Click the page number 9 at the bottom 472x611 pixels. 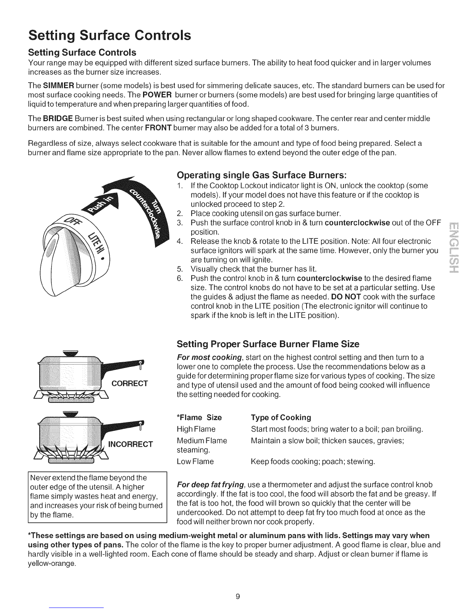[238, 597]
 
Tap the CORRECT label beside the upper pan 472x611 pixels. [130, 383]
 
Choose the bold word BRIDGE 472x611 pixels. [58, 118]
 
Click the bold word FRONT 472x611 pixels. [158, 128]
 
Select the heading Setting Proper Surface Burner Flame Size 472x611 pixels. [268, 344]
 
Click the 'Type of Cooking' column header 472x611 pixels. [281, 417]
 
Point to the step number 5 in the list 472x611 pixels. [179, 269]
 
